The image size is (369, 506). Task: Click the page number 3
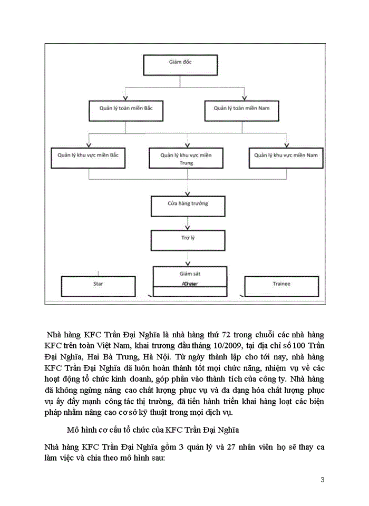coord(322,480)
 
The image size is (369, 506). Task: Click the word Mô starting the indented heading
coord(74,430)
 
